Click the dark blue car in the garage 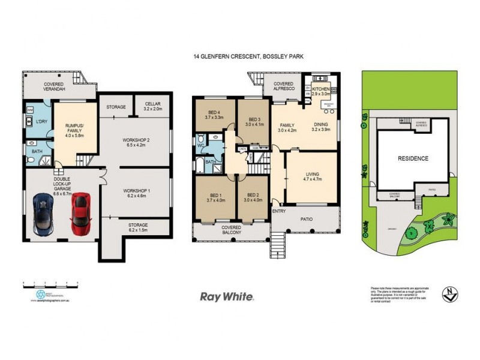pos(43,214)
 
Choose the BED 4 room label pos(214,115)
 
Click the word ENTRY pos(278,211)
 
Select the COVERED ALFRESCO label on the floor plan pos(283,86)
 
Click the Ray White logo pos(227,296)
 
